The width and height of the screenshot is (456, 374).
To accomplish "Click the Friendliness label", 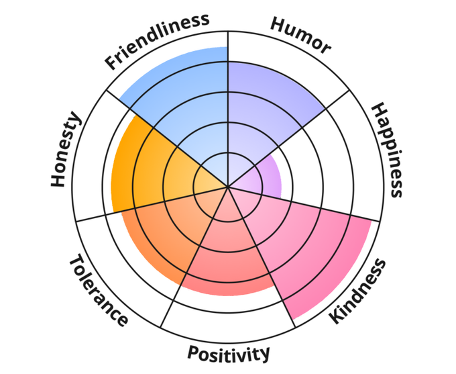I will click(x=157, y=41).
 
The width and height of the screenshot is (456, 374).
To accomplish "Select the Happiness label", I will click(x=387, y=150).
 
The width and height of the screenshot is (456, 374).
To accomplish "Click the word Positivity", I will click(x=229, y=353).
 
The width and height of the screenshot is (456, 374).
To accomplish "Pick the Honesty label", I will click(x=66, y=150).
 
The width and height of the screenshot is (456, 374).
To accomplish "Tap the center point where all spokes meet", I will click(x=228, y=187).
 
